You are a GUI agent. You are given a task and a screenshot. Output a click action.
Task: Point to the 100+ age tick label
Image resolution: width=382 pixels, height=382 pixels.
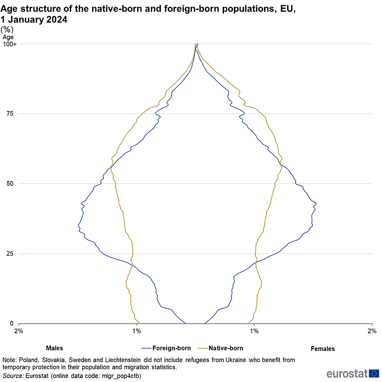point(10,44)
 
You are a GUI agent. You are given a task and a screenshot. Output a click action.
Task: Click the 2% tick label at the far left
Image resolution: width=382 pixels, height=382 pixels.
point(19,331)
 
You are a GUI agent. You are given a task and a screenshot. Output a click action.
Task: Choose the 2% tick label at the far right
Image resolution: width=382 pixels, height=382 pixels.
point(372,331)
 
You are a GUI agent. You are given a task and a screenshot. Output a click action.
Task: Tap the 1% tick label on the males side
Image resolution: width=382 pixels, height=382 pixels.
point(137,331)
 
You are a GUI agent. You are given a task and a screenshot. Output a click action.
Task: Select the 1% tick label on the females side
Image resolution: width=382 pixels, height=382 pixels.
point(255,331)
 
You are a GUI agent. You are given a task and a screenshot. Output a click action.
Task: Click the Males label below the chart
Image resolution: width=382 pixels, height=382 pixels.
point(54,349)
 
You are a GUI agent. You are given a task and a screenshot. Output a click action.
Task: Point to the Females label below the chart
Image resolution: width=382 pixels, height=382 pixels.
point(323,349)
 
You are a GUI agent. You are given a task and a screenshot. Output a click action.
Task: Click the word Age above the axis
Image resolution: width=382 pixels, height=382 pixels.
point(8,37)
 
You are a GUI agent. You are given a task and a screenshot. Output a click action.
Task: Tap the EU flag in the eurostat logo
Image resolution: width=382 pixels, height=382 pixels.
point(374,373)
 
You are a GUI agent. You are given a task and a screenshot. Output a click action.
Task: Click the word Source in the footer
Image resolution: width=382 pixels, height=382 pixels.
point(13,376)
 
